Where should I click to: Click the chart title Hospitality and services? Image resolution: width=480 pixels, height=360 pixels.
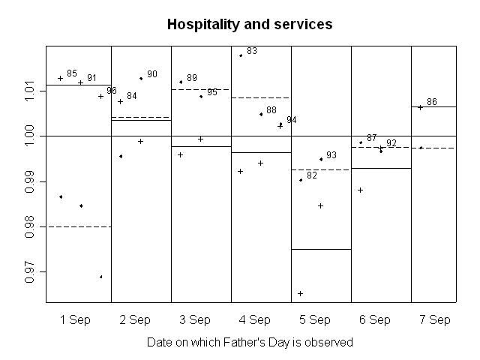click(x=250, y=25)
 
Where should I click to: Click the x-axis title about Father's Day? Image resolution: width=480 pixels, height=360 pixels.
click(x=250, y=342)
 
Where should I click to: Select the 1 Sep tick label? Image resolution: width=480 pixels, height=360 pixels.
click(x=75, y=320)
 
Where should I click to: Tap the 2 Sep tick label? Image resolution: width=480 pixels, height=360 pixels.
click(x=135, y=320)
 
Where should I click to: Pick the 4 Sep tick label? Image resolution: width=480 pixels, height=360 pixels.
click(x=255, y=320)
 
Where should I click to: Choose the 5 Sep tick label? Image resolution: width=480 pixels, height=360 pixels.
click(x=315, y=320)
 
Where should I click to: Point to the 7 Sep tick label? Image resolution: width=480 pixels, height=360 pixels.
click(x=435, y=320)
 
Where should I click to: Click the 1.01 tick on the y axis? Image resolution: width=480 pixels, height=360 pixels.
click(x=29, y=91)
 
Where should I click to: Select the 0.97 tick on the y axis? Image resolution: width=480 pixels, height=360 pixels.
click(x=29, y=271)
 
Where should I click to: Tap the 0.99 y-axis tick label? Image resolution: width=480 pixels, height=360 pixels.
click(x=29, y=181)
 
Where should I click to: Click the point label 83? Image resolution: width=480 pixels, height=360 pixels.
click(x=252, y=51)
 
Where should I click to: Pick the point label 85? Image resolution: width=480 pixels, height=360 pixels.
click(x=72, y=73)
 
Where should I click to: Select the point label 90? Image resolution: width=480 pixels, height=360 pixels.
click(x=152, y=74)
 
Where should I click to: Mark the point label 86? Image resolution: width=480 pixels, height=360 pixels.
click(x=432, y=102)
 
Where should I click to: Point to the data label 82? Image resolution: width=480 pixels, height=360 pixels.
click(x=312, y=175)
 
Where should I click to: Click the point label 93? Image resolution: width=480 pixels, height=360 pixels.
click(x=331, y=155)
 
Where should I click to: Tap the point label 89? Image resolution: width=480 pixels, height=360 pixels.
click(x=192, y=78)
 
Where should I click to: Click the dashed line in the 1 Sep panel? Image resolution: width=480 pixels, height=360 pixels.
click(x=79, y=226)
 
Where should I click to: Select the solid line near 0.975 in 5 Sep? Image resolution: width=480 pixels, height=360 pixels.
click(x=321, y=249)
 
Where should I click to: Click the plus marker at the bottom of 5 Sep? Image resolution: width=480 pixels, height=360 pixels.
click(x=301, y=293)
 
